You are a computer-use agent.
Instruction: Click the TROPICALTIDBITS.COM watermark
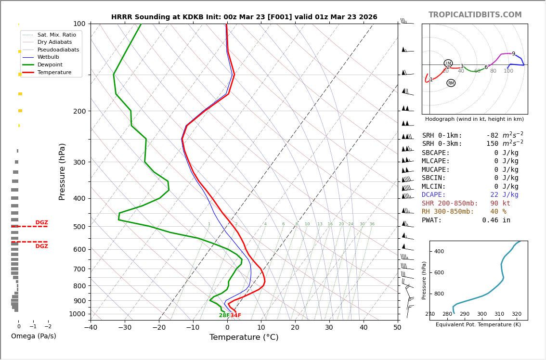coord(475,15)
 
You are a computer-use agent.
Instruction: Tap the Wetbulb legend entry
coord(48,57)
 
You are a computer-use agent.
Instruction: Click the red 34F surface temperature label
coord(235,316)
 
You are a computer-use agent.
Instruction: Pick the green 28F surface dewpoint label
coord(224,316)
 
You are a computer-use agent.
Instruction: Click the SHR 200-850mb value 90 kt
coord(500,203)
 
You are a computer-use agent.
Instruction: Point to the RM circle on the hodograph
coord(451,83)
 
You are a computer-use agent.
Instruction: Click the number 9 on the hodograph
coord(513,54)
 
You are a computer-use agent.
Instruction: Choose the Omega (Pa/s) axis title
coord(34,336)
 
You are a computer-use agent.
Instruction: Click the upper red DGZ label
coord(42,223)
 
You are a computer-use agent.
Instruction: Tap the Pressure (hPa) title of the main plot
coord(62,171)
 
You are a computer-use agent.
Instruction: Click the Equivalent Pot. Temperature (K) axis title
coord(478,325)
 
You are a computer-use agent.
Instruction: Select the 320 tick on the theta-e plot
coord(516,314)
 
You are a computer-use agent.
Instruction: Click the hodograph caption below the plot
coord(474,119)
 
